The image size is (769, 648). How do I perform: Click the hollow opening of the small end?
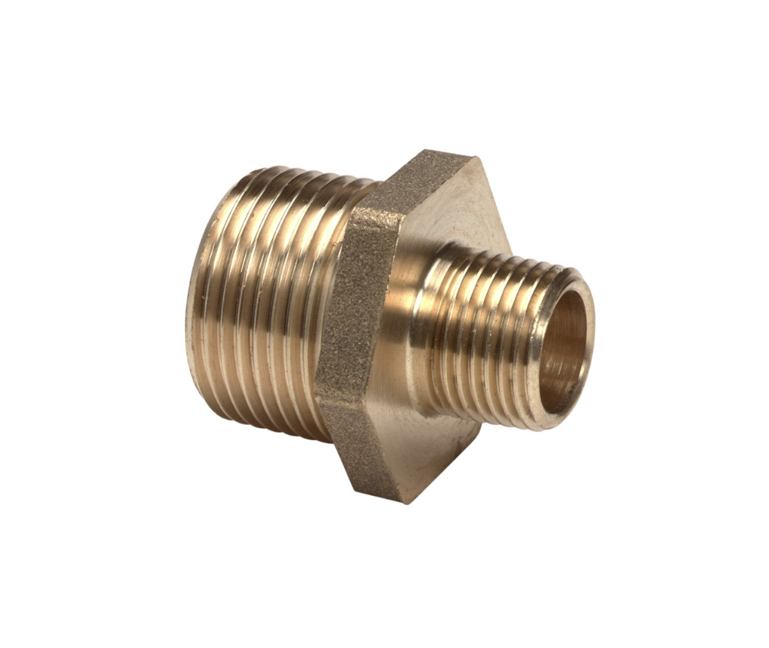click(563, 352)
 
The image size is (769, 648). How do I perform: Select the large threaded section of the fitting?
click(265, 302)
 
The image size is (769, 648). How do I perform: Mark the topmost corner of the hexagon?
click(448, 150)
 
